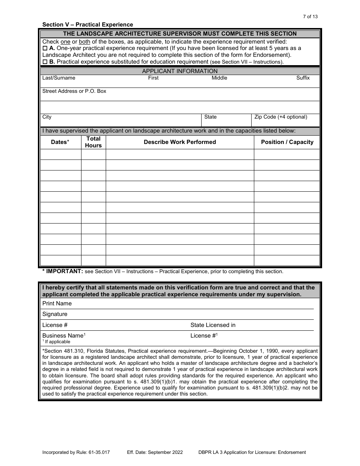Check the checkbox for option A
pos(45,48)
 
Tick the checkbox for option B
pos(45,62)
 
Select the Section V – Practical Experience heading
pos(88,25)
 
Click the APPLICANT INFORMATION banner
pos(180,71)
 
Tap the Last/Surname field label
pos(59,78)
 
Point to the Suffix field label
pos(303,78)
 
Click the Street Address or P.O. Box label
pos(74,91)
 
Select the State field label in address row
pos(210,117)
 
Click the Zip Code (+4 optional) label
pos(281,117)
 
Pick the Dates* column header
pos(60,142)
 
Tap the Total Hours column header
pos(93,142)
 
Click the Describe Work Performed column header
pos(180,142)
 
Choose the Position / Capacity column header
pos(287,142)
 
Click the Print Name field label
pos(57,303)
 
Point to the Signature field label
pos(55,314)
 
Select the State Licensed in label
pos(213,325)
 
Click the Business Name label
pos(63,336)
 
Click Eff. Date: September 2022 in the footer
pos(155,452)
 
